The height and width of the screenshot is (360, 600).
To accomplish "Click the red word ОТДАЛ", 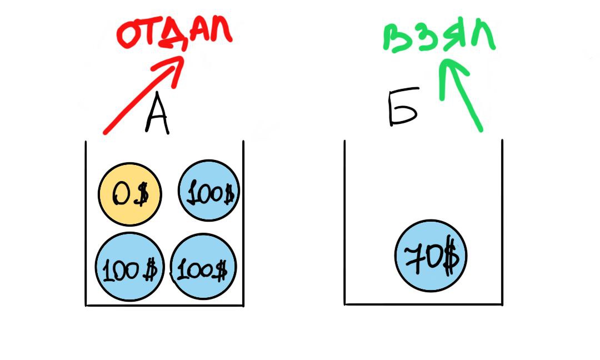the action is (x=174, y=33).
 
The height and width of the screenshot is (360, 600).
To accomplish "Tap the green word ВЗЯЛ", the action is (x=438, y=38).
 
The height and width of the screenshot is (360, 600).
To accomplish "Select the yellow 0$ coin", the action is (x=130, y=194).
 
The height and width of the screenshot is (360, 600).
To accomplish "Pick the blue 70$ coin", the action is (x=431, y=257).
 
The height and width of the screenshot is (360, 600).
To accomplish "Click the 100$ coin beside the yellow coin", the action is (x=208, y=191).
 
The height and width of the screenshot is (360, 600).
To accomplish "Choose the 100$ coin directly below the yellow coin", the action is (x=129, y=267).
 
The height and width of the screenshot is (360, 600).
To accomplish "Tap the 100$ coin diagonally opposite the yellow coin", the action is (x=203, y=268).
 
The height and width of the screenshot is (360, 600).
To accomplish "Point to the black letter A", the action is (x=157, y=117).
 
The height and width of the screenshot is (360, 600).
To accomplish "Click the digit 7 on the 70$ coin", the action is (x=413, y=256).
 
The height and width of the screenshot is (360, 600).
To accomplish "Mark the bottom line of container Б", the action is (x=423, y=304).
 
